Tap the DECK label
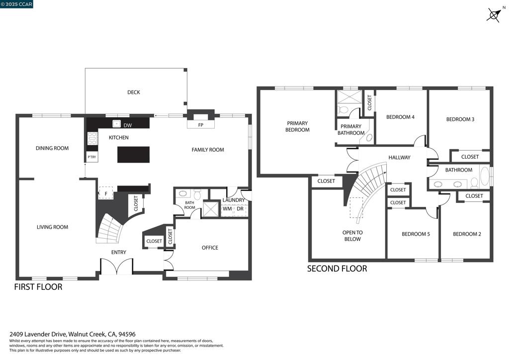[x=133, y=92]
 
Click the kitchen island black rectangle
[x=133, y=154]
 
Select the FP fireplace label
[x=201, y=125]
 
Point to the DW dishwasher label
[x=127, y=125]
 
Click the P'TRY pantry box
[x=92, y=157]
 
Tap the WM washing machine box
[x=227, y=209]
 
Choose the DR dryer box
[x=240, y=209]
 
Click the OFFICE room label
[x=210, y=248]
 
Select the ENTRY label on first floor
[x=118, y=252]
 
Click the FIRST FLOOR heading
[x=38, y=287]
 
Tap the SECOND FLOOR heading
[x=337, y=269]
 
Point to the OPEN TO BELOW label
[x=352, y=236]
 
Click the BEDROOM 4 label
[x=400, y=117]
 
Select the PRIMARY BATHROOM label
[x=351, y=130]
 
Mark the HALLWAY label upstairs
[x=399, y=158]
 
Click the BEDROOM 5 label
[x=416, y=234]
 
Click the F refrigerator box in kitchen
[x=106, y=193]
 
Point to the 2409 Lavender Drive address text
[x=73, y=335]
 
